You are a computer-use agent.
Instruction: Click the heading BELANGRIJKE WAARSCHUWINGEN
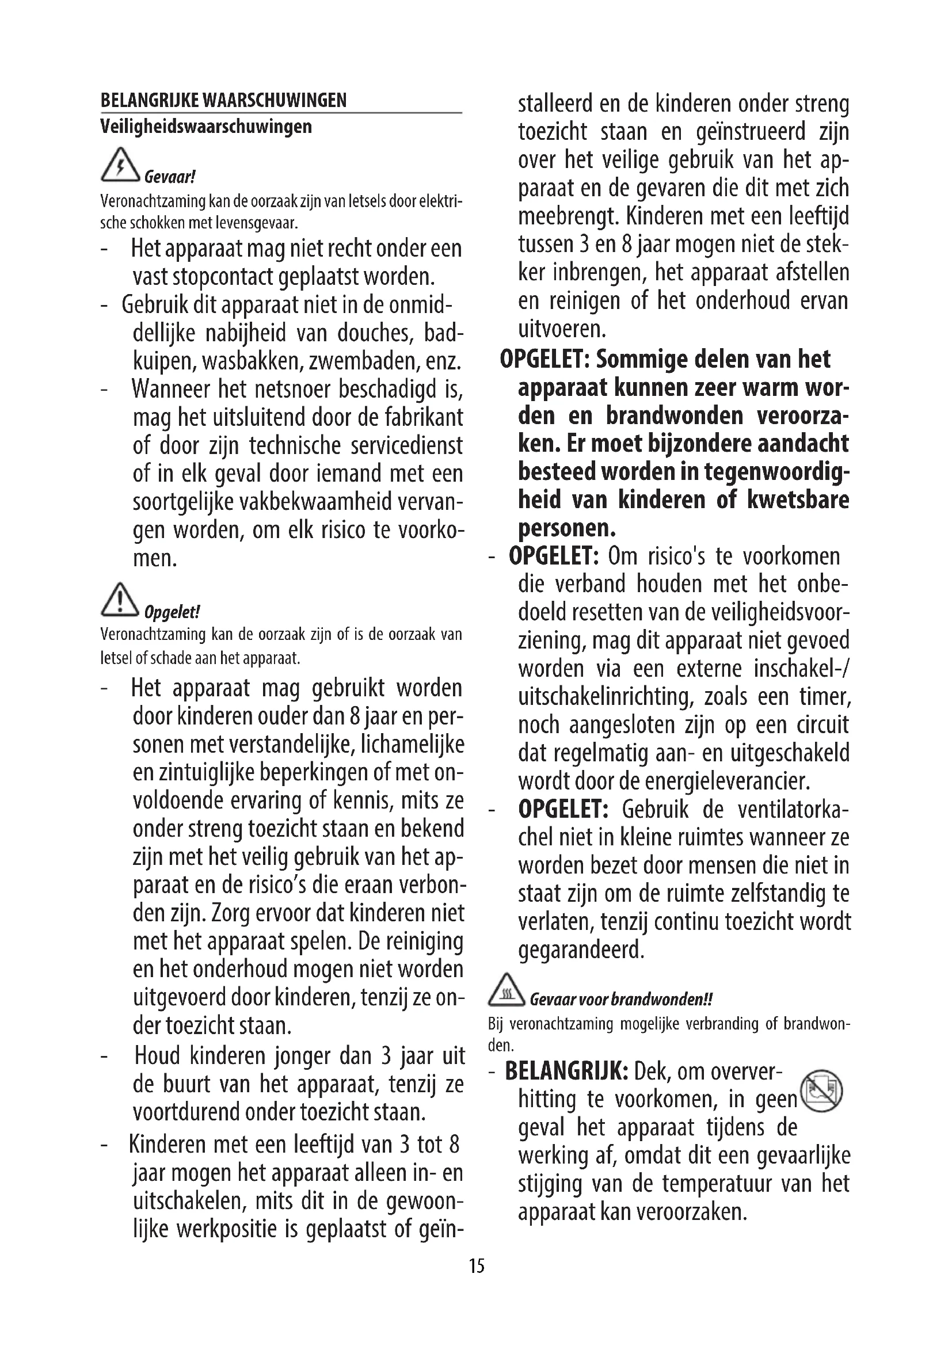(223, 100)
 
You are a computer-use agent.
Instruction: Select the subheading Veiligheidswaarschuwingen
(205, 127)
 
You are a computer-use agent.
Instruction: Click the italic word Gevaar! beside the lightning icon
(169, 177)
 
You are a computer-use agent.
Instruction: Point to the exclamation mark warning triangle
(120, 600)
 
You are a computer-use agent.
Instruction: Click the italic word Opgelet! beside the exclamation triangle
(172, 613)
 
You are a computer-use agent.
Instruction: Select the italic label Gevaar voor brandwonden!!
(620, 999)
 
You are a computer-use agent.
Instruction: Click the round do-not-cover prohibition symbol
(821, 1092)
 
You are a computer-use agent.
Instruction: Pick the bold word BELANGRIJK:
(566, 1072)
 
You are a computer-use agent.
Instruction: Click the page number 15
(477, 1265)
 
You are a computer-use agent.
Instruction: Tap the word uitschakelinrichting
(605, 697)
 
